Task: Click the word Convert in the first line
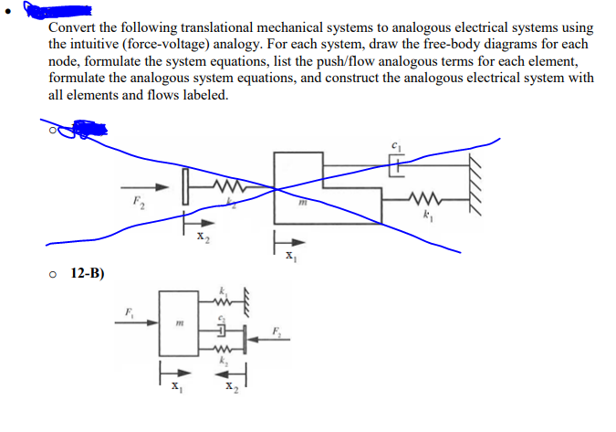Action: [x=73, y=28]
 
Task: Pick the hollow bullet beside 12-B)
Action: [x=57, y=273]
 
